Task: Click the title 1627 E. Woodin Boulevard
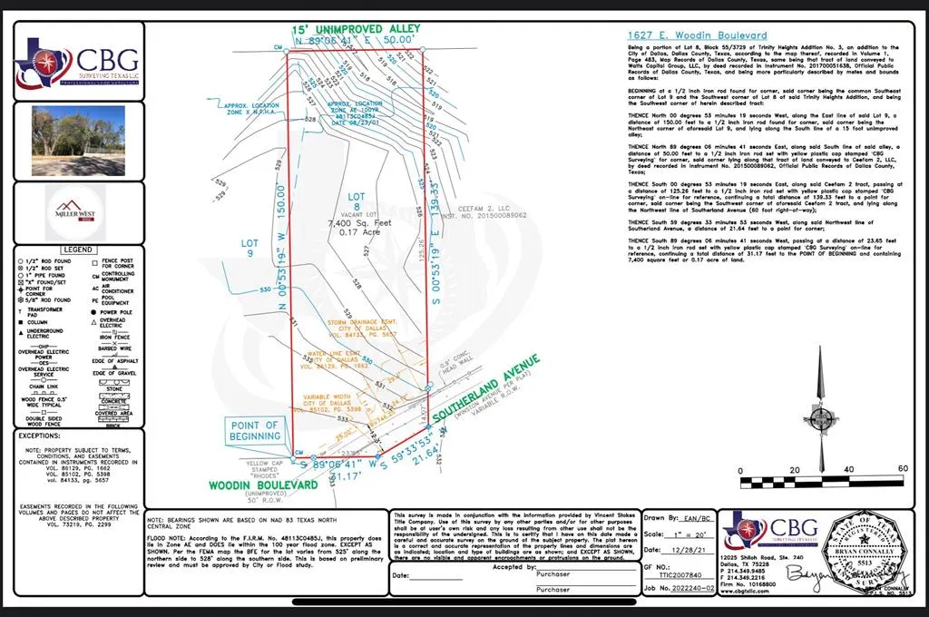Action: point(697,35)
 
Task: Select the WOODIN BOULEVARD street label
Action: point(263,485)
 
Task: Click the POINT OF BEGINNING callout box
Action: point(256,430)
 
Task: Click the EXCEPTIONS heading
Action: point(44,436)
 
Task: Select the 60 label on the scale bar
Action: point(901,468)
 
